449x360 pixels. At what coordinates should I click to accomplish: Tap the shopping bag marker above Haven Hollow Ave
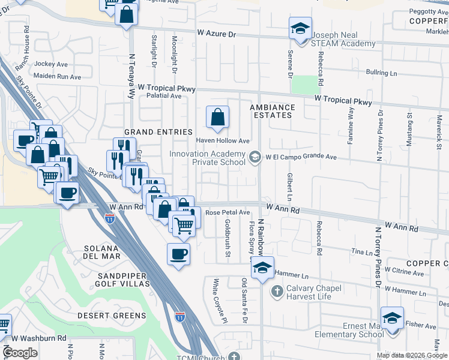point(217,118)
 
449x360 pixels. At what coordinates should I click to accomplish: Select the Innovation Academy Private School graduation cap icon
point(255,157)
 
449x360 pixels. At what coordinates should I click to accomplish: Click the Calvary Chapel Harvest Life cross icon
point(276,292)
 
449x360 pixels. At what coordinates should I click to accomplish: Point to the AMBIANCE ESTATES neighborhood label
point(273,112)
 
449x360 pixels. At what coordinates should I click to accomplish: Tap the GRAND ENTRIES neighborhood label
point(158,132)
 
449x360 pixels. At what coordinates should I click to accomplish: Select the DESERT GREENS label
point(112,315)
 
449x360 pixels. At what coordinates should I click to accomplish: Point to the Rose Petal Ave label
point(228,212)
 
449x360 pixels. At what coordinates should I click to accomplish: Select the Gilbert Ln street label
point(289,187)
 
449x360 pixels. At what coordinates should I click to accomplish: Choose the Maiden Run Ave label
point(58,77)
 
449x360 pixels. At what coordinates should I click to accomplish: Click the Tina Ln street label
point(361,251)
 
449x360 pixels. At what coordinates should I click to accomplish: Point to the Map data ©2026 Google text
point(412,355)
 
